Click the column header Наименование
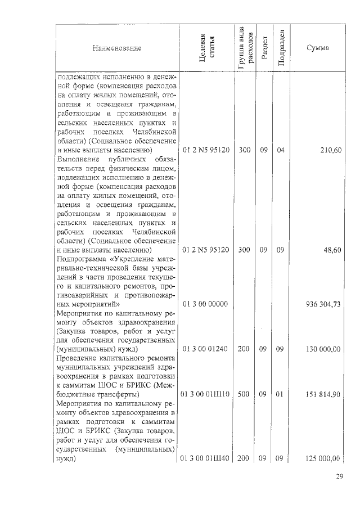pyautogui.click(x=117, y=48)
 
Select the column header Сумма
pyautogui.click(x=317, y=48)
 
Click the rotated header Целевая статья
pyautogui.click(x=206, y=48)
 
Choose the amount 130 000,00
pyautogui.click(x=322, y=349)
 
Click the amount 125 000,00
pyautogui.click(x=322, y=459)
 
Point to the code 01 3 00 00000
pyautogui.click(x=205, y=304)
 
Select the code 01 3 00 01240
pyautogui.click(x=205, y=349)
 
